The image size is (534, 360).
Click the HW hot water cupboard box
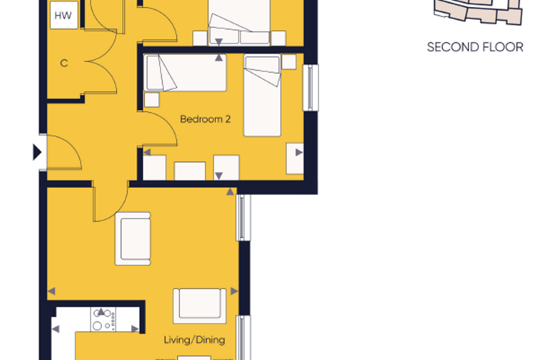click(64, 15)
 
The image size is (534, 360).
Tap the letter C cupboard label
click(64, 63)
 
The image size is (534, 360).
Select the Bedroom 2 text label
click(205, 120)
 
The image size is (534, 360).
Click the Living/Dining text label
click(195, 340)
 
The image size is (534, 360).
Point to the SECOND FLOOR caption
click(475, 47)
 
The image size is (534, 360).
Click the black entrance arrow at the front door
click(37, 152)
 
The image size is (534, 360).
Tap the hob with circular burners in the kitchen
click(103, 319)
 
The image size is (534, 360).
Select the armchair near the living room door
click(133, 238)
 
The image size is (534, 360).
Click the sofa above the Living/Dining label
click(200, 306)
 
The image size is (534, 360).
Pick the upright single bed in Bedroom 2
click(262, 96)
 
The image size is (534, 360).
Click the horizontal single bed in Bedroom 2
click(185, 72)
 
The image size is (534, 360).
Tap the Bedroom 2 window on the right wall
click(311, 88)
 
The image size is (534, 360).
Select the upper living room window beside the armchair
click(243, 217)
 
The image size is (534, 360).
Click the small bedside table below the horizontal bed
click(152, 100)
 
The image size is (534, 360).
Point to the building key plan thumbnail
click(478, 12)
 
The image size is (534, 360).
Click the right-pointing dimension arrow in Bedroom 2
click(299, 153)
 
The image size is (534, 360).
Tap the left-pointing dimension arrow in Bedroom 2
click(147, 152)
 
